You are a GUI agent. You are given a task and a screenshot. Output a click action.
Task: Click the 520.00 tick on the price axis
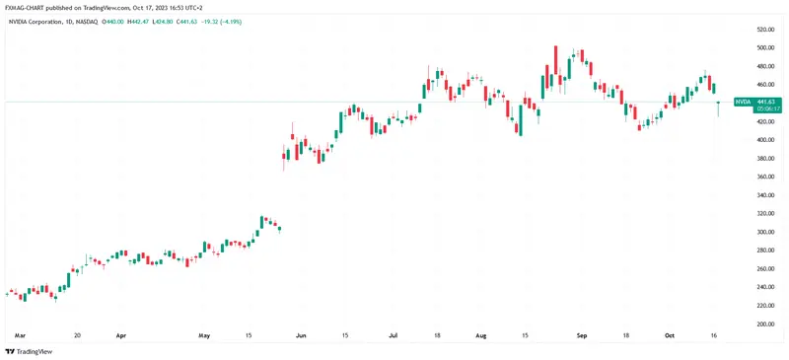(764, 29)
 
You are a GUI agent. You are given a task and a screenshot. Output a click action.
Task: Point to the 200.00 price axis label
(764, 324)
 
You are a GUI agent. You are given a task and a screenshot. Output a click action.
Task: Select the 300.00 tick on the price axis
(764, 232)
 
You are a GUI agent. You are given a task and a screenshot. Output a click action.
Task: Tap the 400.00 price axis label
(764, 139)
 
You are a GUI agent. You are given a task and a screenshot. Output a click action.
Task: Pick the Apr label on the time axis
(122, 335)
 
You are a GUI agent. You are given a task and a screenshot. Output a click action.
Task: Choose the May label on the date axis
(204, 335)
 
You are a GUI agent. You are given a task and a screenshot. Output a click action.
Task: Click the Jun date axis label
(302, 335)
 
